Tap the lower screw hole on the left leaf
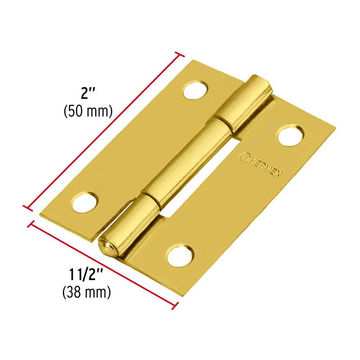pyautogui.click(x=85, y=202)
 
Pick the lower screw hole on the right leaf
pyautogui.click(x=180, y=255)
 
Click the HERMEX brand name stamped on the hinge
pyautogui.click(x=265, y=165)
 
